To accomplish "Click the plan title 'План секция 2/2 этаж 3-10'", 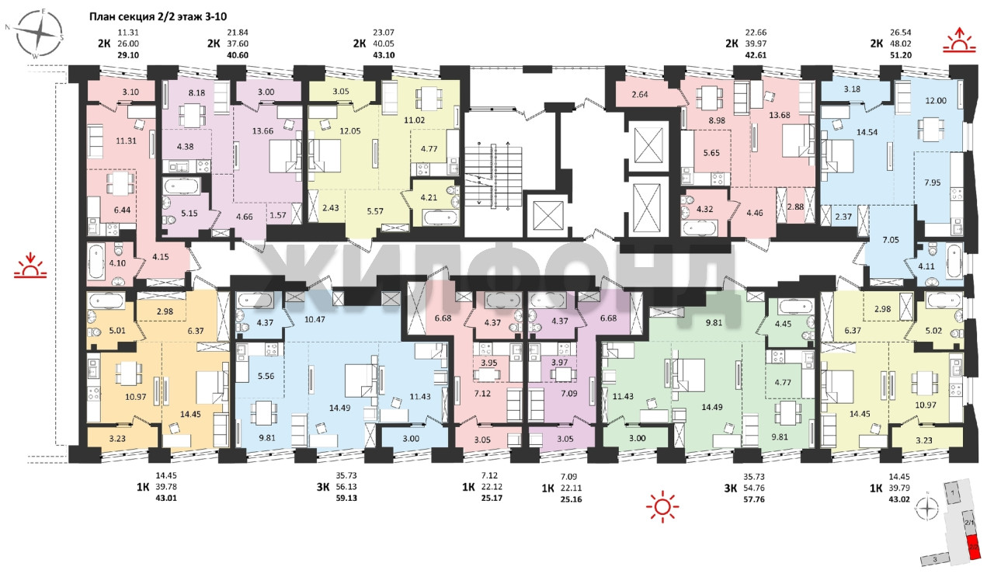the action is pos(158,17).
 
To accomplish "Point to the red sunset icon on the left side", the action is pos(30,266).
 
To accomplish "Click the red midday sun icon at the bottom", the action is pos(662,506).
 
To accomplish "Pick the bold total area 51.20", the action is pos(901,55).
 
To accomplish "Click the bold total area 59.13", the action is pos(346,498).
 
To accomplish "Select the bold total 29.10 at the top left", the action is pos(128,55).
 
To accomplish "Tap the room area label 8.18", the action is pos(196,92).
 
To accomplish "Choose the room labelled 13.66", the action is pos(262,131).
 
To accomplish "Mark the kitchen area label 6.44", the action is pos(122,210).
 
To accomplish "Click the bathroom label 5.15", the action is pos(189,214).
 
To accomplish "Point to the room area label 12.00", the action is pos(936,101).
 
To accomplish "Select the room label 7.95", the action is pos(933,182).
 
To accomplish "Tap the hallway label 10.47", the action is pos(315,319).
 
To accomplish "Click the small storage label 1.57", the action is pos(278,215).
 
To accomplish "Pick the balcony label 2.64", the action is pos(640,95).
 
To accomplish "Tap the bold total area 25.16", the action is pos(571,499).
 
